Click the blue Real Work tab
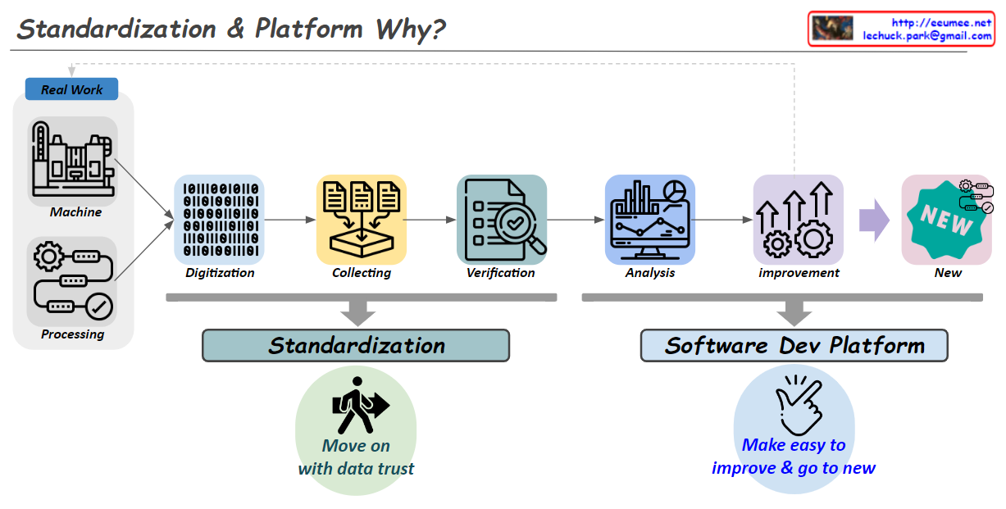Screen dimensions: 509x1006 [71, 89]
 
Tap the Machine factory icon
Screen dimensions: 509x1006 [72, 161]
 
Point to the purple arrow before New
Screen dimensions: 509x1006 [874, 220]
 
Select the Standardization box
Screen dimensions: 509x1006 [356, 345]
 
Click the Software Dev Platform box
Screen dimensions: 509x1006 [794, 345]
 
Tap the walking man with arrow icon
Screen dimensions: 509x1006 [358, 405]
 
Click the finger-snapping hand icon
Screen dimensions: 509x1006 [794, 404]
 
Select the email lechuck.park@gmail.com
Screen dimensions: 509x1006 [926, 36]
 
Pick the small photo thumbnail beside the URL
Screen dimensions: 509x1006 [832, 29]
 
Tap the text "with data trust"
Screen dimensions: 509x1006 [356, 469]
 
